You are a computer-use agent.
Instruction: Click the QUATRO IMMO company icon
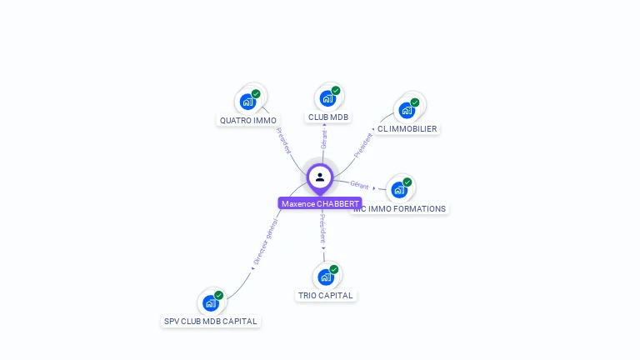coord(247,102)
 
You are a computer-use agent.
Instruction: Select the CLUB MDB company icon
coord(327,98)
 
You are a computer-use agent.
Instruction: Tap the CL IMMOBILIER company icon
coord(407,109)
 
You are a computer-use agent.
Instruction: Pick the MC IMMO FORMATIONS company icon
coord(399,189)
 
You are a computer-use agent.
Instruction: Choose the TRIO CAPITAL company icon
coord(326,277)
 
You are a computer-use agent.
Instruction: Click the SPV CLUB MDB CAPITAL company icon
coord(211,302)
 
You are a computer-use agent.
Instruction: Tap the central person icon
coord(320,177)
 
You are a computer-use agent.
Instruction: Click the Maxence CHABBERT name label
coord(320,203)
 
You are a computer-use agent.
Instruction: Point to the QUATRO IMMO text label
coord(248,121)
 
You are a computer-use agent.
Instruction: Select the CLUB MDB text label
coord(328,117)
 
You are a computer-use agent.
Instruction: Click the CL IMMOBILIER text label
coord(407,129)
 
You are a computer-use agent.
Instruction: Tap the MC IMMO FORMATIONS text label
coord(400,209)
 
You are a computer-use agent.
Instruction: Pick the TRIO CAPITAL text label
coord(326,296)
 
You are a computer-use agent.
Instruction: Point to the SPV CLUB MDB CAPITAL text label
coord(211,322)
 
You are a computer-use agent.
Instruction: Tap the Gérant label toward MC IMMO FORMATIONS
coord(359,185)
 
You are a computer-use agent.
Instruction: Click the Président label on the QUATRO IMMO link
coord(283,141)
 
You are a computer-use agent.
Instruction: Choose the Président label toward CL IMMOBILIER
coord(363,145)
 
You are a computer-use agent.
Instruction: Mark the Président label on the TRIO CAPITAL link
coord(322,227)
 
